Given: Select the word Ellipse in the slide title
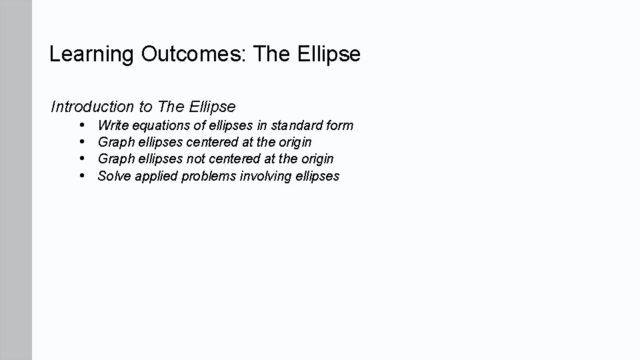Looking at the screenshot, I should click(x=326, y=54).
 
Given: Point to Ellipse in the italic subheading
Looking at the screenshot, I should click(x=212, y=107).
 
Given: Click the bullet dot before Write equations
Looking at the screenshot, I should click(x=81, y=125).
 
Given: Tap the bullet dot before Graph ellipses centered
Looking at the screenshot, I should click(x=81, y=142).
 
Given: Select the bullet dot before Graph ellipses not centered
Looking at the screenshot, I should click(x=81, y=159).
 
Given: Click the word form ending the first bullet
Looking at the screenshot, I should click(x=339, y=125).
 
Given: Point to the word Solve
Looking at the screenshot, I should click(x=114, y=176).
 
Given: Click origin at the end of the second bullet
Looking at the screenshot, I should click(x=295, y=143).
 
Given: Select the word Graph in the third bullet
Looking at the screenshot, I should click(x=115, y=159).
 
